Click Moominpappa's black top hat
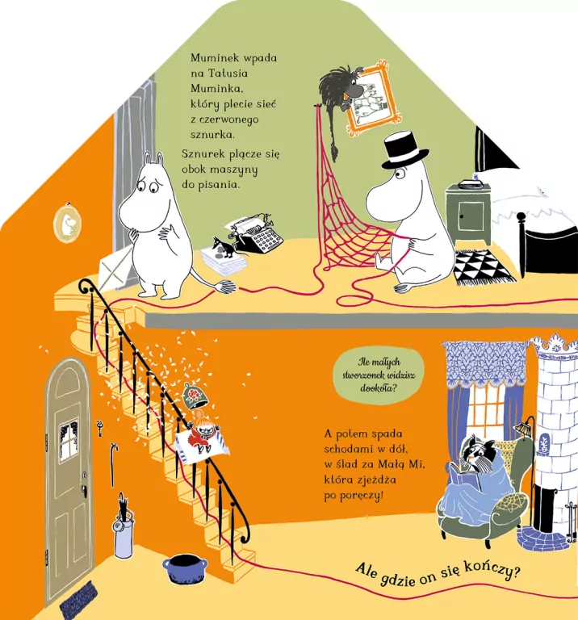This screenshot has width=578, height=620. coord(404,151)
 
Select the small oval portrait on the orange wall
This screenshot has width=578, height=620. coord(67,223)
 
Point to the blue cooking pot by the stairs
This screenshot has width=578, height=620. coord(185,568)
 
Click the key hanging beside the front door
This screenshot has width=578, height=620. coord(99,428)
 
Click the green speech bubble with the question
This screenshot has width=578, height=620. coord(379,375)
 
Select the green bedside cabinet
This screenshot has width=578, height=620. coord(468,214)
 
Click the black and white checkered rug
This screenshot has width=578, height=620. coord(484,266)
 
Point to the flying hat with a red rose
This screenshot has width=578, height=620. coord(195,396)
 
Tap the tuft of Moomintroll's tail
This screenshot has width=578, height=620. coord(224,287)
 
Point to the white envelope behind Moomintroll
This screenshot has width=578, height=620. coord(115,268)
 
